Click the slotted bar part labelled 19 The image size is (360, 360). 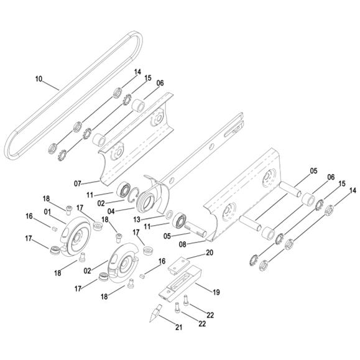[x=180, y=283]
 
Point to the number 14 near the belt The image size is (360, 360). [x=137, y=73]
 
